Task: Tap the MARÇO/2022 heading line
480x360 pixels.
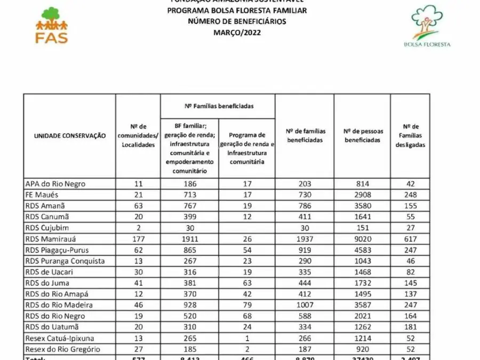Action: coord(237,33)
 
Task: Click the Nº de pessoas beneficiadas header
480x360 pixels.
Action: coord(363,135)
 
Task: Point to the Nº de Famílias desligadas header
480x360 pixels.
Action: coord(410,135)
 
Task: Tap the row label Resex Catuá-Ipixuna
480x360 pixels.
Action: coord(59,338)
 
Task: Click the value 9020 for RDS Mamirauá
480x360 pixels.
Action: coord(363,239)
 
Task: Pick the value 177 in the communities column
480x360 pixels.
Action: coord(138,239)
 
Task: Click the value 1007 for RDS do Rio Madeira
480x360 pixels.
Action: coord(305,305)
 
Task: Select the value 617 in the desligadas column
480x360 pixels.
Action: coord(410,239)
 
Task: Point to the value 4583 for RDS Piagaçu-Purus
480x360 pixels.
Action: coord(363,250)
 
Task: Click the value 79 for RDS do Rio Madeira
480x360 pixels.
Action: coord(247,305)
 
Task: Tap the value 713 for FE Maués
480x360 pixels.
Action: coord(189,195)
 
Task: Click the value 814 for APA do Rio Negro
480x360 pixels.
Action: coord(363,183)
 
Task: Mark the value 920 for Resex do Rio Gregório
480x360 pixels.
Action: coord(363,349)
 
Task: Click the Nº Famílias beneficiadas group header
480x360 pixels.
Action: coord(218,106)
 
